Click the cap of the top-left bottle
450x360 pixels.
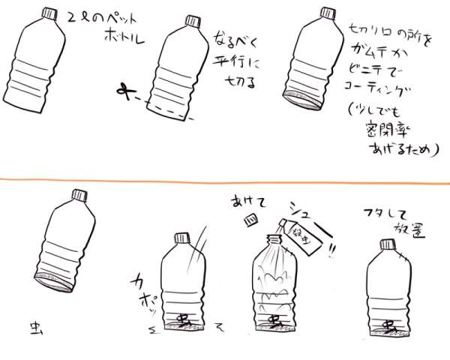[x=49, y=13]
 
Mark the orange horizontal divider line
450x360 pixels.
[x=225, y=180]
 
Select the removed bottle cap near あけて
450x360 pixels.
[x=254, y=220]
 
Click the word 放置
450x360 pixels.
[x=420, y=229]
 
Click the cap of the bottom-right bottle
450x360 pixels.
[x=387, y=244]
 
